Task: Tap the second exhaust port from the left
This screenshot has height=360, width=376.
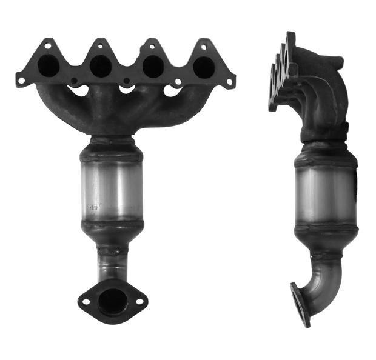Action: pyautogui.click(x=100, y=64)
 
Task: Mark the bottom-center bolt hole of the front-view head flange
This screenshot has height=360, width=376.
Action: pyautogui.click(x=125, y=80)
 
